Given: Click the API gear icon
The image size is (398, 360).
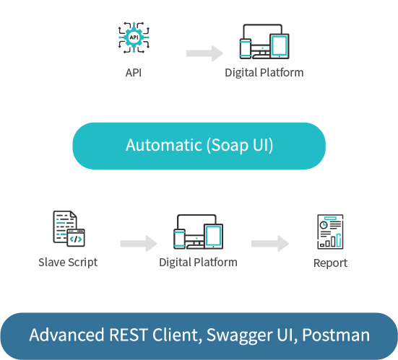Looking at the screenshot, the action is tap(134, 38).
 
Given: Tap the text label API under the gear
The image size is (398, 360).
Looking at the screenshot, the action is tap(134, 73).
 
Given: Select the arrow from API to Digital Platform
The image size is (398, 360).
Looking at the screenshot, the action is tap(204, 53).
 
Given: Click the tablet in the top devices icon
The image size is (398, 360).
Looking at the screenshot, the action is tap(280, 46).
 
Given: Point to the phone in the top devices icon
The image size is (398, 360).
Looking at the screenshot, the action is tap(246, 48).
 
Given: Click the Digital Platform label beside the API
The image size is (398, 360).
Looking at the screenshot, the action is tap(264, 73).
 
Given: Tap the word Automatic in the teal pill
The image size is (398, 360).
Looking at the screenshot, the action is tap(164, 145).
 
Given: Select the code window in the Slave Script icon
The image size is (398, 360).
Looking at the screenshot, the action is tap(76, 237).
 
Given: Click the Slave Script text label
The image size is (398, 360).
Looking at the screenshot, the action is tap(68, 263).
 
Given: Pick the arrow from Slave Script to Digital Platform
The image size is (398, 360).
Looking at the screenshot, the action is tap(139, 243).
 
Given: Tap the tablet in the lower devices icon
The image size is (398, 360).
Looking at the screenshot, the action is tap(214, 237).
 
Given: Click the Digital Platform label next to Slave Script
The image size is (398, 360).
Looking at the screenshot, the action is tap(198, 263).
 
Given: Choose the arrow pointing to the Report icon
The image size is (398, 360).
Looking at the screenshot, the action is tap(270, 243).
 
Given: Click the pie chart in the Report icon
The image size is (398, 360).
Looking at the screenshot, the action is tap(324, 225).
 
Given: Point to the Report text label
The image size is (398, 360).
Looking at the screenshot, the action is tap(330, 263).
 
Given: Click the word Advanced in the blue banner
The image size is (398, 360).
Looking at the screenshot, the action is tap(66, 335).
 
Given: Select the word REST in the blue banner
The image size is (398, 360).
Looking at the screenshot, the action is tap(129, 335).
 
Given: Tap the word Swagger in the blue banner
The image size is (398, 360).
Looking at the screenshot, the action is tap(239, 335).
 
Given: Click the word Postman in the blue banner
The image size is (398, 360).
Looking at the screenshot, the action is tap(336, 335).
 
